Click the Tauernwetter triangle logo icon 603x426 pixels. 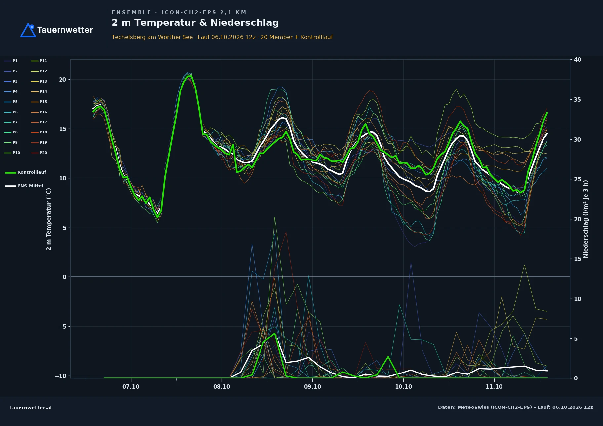point(28,30)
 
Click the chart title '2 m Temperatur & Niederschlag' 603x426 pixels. point(195,23)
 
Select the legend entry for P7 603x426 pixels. point(11,122)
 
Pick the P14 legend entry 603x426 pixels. point(39,91)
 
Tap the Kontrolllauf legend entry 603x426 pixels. point(25,172)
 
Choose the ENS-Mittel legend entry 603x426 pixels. point(24,186)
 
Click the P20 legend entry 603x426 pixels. point(39,153)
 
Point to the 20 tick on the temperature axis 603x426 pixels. point(62,80)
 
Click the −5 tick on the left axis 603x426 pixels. point(62,327)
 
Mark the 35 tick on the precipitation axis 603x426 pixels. point(577,100)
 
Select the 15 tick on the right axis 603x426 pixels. point(577,259)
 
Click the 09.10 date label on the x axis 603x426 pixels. point(312,387)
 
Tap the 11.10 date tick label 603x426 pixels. point(494,387)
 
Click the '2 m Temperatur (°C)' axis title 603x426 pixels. point(49,219)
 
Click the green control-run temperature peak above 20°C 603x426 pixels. point(189,76)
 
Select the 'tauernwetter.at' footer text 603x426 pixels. point(31,408)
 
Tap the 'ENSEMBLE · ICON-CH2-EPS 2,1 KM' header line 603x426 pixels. point(179,12)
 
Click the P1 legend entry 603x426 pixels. point(11,61)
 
